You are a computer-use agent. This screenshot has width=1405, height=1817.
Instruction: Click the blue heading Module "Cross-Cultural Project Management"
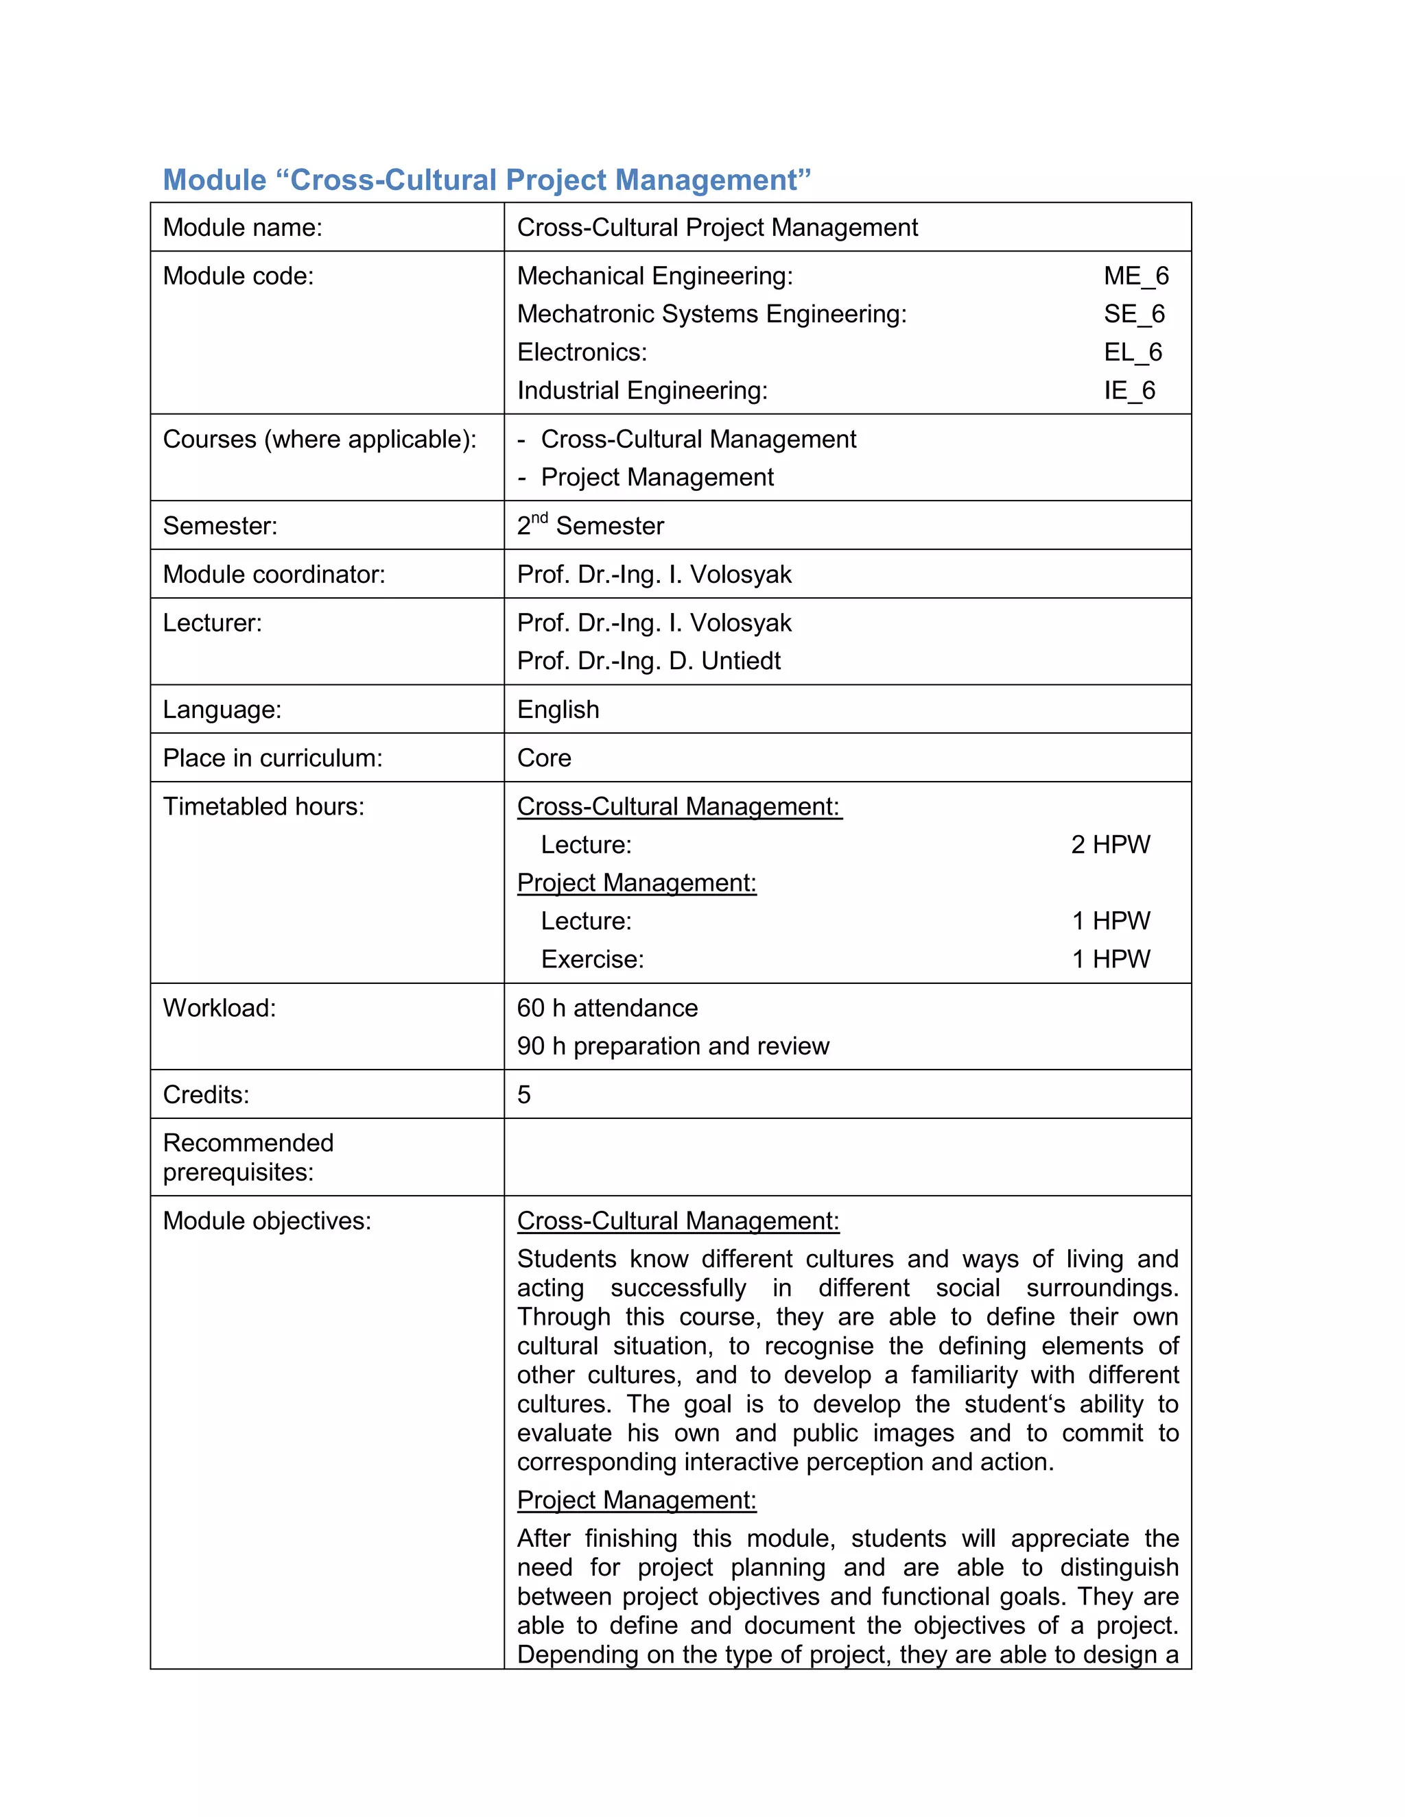[486, 180]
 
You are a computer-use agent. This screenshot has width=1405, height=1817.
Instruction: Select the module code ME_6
[1136, 276]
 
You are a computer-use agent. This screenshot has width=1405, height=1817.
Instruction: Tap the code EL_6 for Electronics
[1133, 352]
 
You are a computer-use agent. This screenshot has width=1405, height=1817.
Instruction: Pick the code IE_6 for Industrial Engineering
[1129, 390]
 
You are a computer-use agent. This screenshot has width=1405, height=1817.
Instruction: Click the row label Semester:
[220, 526]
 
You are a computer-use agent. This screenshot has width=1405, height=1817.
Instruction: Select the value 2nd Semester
[590, 526]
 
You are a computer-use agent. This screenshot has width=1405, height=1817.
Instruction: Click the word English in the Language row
[558, 710]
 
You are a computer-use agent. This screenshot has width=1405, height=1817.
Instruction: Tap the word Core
[543, 758]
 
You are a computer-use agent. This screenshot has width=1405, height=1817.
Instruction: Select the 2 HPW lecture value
[1111, 845]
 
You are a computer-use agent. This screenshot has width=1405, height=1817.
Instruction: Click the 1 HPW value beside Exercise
[1111, 959]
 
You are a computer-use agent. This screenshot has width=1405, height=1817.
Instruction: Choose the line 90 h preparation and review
[672, 1046]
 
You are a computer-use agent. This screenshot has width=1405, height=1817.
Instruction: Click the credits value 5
[523, 1094]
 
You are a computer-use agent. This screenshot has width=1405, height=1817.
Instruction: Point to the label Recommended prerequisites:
[248, 1157]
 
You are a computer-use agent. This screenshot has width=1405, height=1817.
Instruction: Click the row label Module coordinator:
[274, 574]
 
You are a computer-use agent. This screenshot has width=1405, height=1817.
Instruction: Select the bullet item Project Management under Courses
[657, 477]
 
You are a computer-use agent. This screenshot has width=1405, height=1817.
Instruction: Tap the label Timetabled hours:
[263, 806]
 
